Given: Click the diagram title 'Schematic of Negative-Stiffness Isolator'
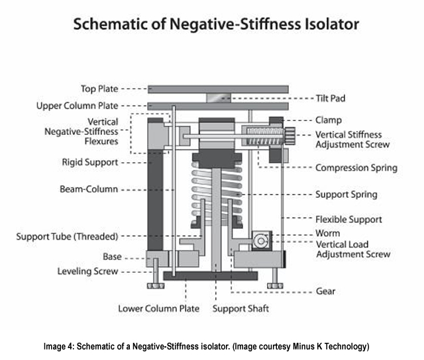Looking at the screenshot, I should (x=216, y=25).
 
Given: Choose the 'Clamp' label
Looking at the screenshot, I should (x=328, y=120).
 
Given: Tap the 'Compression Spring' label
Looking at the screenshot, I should (x=356, y=168).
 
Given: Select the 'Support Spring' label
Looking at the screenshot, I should (x=346, y=195).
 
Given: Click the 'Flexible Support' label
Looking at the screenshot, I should (x=349, y=219).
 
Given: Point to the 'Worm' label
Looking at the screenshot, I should (x=328, y=234).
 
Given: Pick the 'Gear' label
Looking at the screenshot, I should (x=326, y=291).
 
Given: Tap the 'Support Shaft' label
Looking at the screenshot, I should (x=240, y=308).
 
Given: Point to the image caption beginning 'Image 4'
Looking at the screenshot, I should (x=212, y=347).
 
